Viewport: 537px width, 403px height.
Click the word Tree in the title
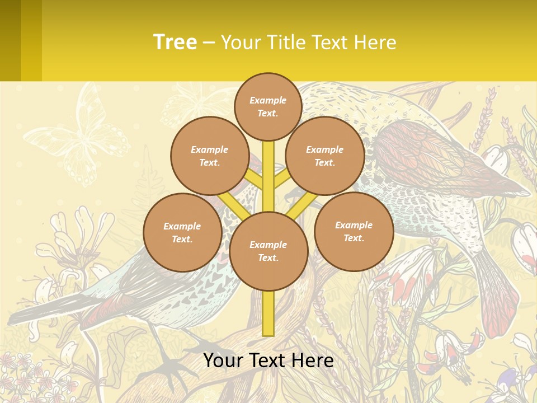point(175,42)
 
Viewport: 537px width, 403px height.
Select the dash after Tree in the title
point(209,43)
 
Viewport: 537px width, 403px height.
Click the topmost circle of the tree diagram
point(268,106)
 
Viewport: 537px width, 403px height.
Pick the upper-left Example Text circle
point(209,156)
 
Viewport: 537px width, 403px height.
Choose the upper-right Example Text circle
point(324,156)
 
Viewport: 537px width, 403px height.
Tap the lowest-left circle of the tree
point(182,232)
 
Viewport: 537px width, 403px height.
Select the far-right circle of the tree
point(354,231)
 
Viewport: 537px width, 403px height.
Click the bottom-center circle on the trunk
point(268,251)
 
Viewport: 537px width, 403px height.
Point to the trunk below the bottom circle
point(268,313)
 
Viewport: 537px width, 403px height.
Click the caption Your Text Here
point(268,360)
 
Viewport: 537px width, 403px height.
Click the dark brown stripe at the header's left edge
point(10,40)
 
